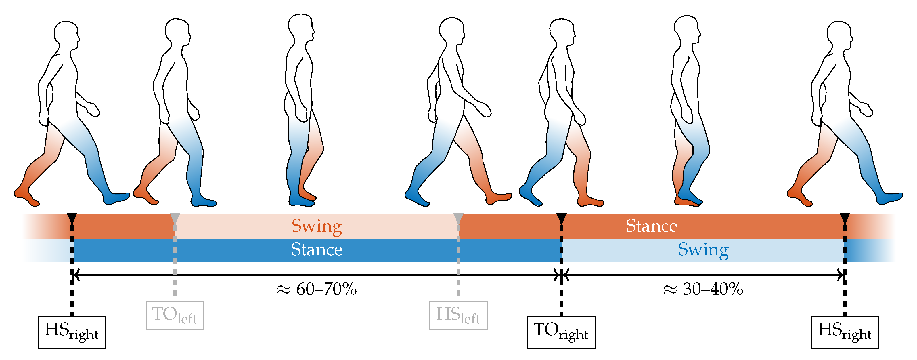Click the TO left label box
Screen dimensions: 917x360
(x=175, y=315)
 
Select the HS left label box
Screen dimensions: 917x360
(x=458, y=315)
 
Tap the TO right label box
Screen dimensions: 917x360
(x=561, y=332)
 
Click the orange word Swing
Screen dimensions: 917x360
(x=317, y=226)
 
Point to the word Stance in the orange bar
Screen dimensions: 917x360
(x=651, y=226)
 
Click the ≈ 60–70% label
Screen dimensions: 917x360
(x=317, y=289)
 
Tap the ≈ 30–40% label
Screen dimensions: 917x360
(x=703, y=289)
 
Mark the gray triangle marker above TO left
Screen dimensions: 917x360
(x=175, y=218)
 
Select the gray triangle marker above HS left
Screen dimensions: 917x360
(x=458, y=218)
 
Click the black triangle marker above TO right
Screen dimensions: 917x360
(x=561, y=218)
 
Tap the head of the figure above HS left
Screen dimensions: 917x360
(x=451, y=30)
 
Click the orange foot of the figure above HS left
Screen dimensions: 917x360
(x=498, y=198)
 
